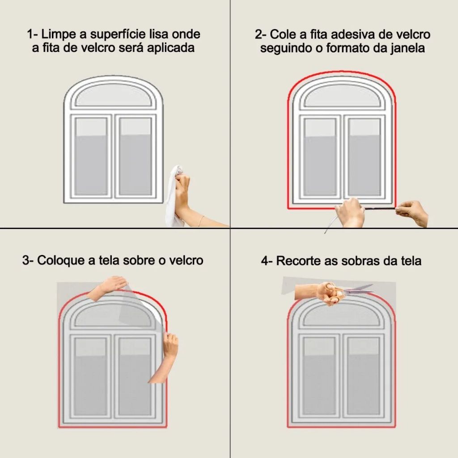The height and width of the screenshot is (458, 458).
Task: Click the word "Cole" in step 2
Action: [x=282, y=34]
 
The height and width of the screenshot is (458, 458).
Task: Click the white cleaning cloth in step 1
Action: [x=174, y=196]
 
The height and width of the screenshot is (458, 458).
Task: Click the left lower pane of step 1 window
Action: [x=91, y=156]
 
